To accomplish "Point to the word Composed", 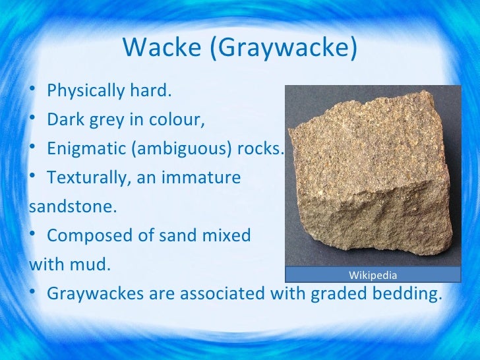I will (82, 235).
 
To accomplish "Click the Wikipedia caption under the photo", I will (373, 275).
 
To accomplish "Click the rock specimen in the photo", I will (369, 178).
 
